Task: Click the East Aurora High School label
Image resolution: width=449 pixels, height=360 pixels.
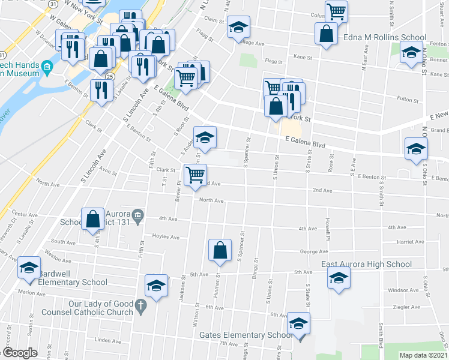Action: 366,264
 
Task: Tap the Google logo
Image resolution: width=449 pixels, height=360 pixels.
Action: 20,352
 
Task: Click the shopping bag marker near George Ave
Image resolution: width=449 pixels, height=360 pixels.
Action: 220,250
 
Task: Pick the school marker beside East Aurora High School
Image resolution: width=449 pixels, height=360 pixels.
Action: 339,278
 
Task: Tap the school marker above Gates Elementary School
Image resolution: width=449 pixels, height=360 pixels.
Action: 298,324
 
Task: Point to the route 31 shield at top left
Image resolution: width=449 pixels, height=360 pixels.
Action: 53,4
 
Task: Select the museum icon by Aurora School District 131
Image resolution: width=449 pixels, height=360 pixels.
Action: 137,215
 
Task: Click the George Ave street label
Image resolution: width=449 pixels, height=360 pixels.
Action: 313,252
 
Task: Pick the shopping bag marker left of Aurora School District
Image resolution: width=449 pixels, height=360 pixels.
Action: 93,219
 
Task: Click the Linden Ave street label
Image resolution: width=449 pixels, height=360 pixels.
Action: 108,340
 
